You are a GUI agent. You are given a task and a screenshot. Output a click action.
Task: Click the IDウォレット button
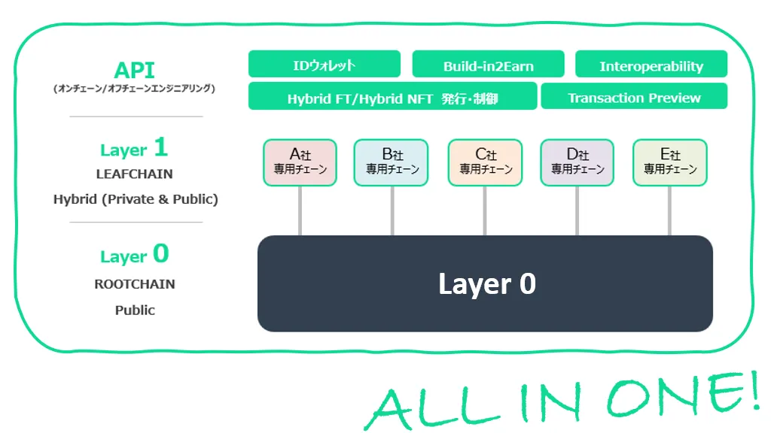click(x=324, y=65)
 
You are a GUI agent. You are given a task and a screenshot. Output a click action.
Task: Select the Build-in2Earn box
click(x=488, y=65)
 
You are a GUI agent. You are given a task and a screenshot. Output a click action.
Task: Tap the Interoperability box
click(x=651, y=65)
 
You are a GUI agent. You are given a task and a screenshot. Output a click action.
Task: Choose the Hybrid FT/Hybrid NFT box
click(x=392, y=97)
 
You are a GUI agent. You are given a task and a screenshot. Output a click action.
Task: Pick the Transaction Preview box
click(x=634, y=97)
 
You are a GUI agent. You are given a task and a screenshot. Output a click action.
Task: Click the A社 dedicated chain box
click(x=300, y=162)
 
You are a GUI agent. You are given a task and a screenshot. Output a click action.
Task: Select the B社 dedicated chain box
click(x=392, y=162)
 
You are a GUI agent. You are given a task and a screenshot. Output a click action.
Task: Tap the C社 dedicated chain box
click(x=485, y=162)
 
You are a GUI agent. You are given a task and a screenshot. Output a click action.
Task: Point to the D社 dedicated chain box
click(x=577, y=162)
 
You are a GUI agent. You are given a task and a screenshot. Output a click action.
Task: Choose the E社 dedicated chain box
click(x=670, y=162)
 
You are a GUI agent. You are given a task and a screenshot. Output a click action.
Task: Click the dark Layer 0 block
click(x=485, y=284)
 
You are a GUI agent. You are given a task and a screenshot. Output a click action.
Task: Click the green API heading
click(x=134, y=71)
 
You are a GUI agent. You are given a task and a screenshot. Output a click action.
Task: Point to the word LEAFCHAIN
click(x=135, y=174)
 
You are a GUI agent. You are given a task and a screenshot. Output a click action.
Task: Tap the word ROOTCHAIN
click(x=135, y=284)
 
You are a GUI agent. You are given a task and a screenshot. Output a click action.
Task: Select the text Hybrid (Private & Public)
click(x=136, y=199)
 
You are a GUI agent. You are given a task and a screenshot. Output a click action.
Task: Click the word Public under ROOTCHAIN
click(x=135, y=310)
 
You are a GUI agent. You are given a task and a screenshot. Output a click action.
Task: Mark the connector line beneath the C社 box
click(x=485, y=211)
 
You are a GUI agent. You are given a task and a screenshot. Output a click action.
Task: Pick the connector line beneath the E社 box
click(x=670, y=211)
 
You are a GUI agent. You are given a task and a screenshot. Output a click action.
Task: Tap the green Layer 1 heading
click(x=134, y=149)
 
